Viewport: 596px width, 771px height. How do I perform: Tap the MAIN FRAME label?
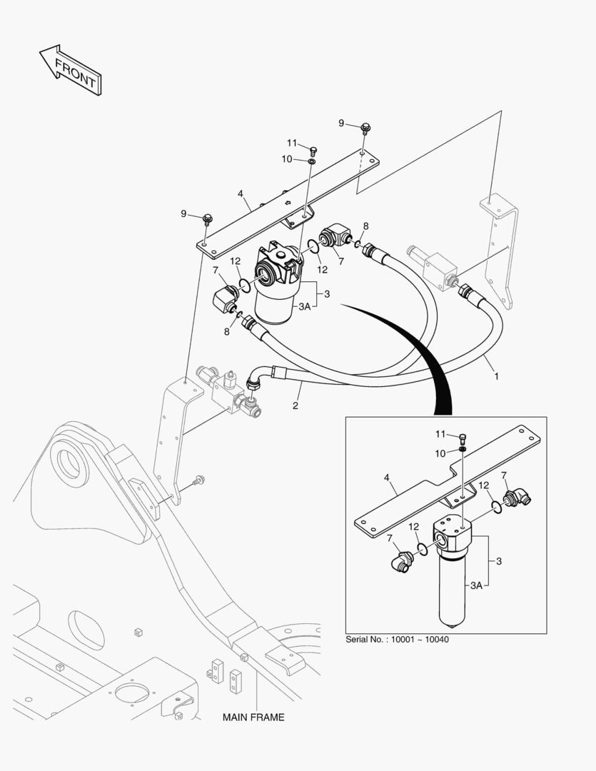(253, 717)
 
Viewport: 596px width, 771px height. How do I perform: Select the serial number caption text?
(397, 639)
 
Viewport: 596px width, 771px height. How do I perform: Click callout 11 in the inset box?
(441, 434)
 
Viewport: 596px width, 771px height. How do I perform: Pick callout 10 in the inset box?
(441, 453)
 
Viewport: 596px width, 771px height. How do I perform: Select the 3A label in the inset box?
(478, 585)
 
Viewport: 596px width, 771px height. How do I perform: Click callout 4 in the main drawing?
(241, 193)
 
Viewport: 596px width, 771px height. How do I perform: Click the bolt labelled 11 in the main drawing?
(313, 151)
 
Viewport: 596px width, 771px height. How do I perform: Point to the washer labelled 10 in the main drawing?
(313, 162)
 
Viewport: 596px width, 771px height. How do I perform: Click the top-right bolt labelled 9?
(365, 128)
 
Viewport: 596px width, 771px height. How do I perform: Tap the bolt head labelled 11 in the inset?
(462, 436)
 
